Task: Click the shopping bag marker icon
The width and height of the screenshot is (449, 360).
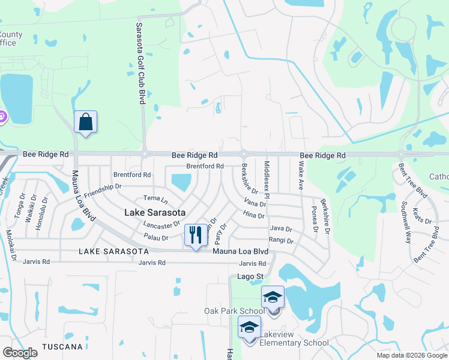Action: tap(86, 122)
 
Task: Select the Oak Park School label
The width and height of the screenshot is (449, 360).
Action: tap(233, 311)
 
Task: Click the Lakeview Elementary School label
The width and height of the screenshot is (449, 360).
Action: tap(294, 343)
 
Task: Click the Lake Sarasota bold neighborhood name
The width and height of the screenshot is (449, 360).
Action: tap(155, 212)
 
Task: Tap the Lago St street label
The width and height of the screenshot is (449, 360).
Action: tap(250, 277)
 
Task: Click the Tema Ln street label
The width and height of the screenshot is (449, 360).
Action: tap(155, 198)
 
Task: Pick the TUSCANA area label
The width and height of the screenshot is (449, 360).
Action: tap(62, 347)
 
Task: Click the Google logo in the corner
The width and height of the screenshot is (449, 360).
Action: tap(20, 353)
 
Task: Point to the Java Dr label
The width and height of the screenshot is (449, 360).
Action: tap(280, 229)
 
